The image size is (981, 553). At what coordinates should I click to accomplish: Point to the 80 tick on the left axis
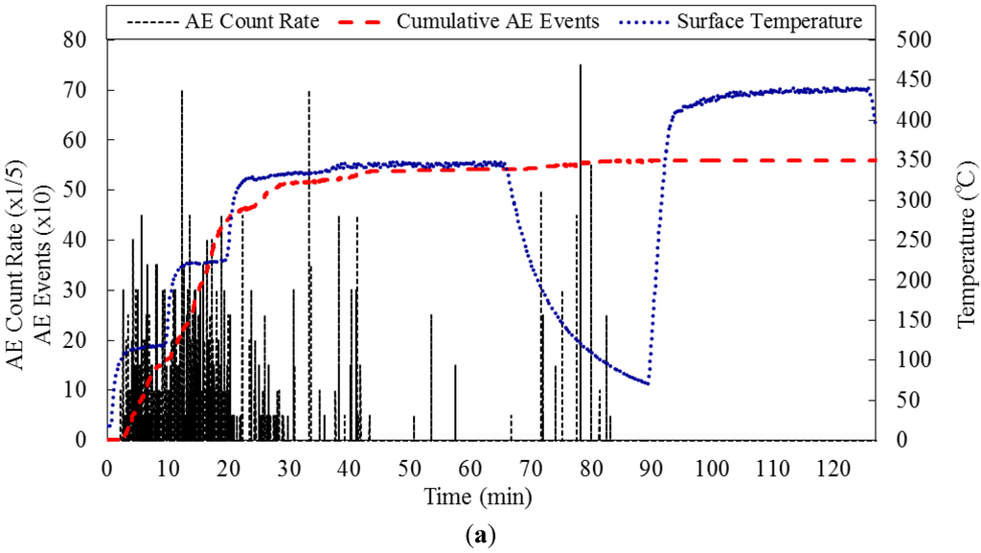click(x=85, y=40)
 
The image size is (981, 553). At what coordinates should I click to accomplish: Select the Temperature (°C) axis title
click(x=965, y=240)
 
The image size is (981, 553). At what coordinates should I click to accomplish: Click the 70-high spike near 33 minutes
click(x=308, y=92)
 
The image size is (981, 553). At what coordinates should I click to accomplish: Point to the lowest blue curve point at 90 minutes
click(x=649, y=383)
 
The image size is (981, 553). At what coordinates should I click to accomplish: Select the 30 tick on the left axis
click(x=85, y=290)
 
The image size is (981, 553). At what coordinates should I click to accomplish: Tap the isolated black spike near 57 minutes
click(x=455, y=365)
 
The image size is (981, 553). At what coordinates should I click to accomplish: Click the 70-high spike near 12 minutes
click(x=181, y=92)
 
